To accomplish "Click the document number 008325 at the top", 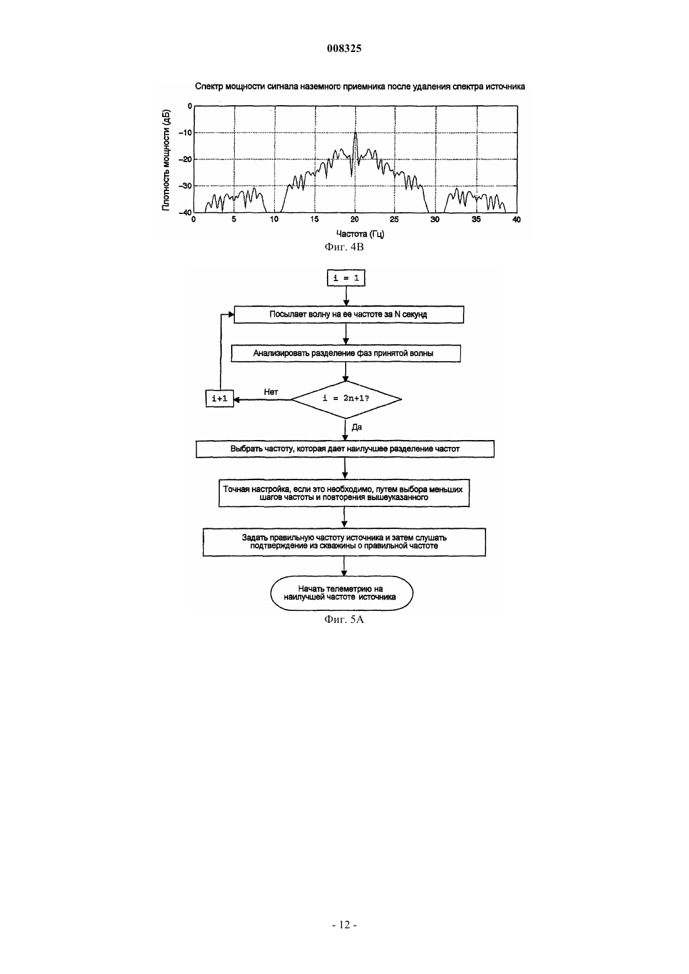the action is [x=344, y=48].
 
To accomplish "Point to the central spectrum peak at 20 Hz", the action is [x=355, y=133].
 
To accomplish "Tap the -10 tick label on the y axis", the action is [x=186, y=133].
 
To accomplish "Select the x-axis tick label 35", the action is [x=476, y=220].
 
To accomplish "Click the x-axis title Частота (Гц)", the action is [x=360, y=234].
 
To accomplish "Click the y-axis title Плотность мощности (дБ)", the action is [x=166, y=160].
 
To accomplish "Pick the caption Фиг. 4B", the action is [x=344, y=247].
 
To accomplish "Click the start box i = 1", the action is [x=346, y=279].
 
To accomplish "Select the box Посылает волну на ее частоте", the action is [x=349, y=314].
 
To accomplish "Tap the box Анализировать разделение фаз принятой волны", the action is [x=346, y=354].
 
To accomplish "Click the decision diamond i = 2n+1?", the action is [x=346, y=399].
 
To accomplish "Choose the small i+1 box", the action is [x=220, y=399].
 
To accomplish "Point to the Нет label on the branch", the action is [x=271, y=392].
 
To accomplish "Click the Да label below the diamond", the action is [x=356, y=428].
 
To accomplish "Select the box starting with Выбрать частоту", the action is [x=345, y=449].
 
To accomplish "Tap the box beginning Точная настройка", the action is [x=344, y=493].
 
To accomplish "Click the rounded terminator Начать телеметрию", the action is [x=342, y=593].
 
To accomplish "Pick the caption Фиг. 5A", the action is [x=344, y=620].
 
